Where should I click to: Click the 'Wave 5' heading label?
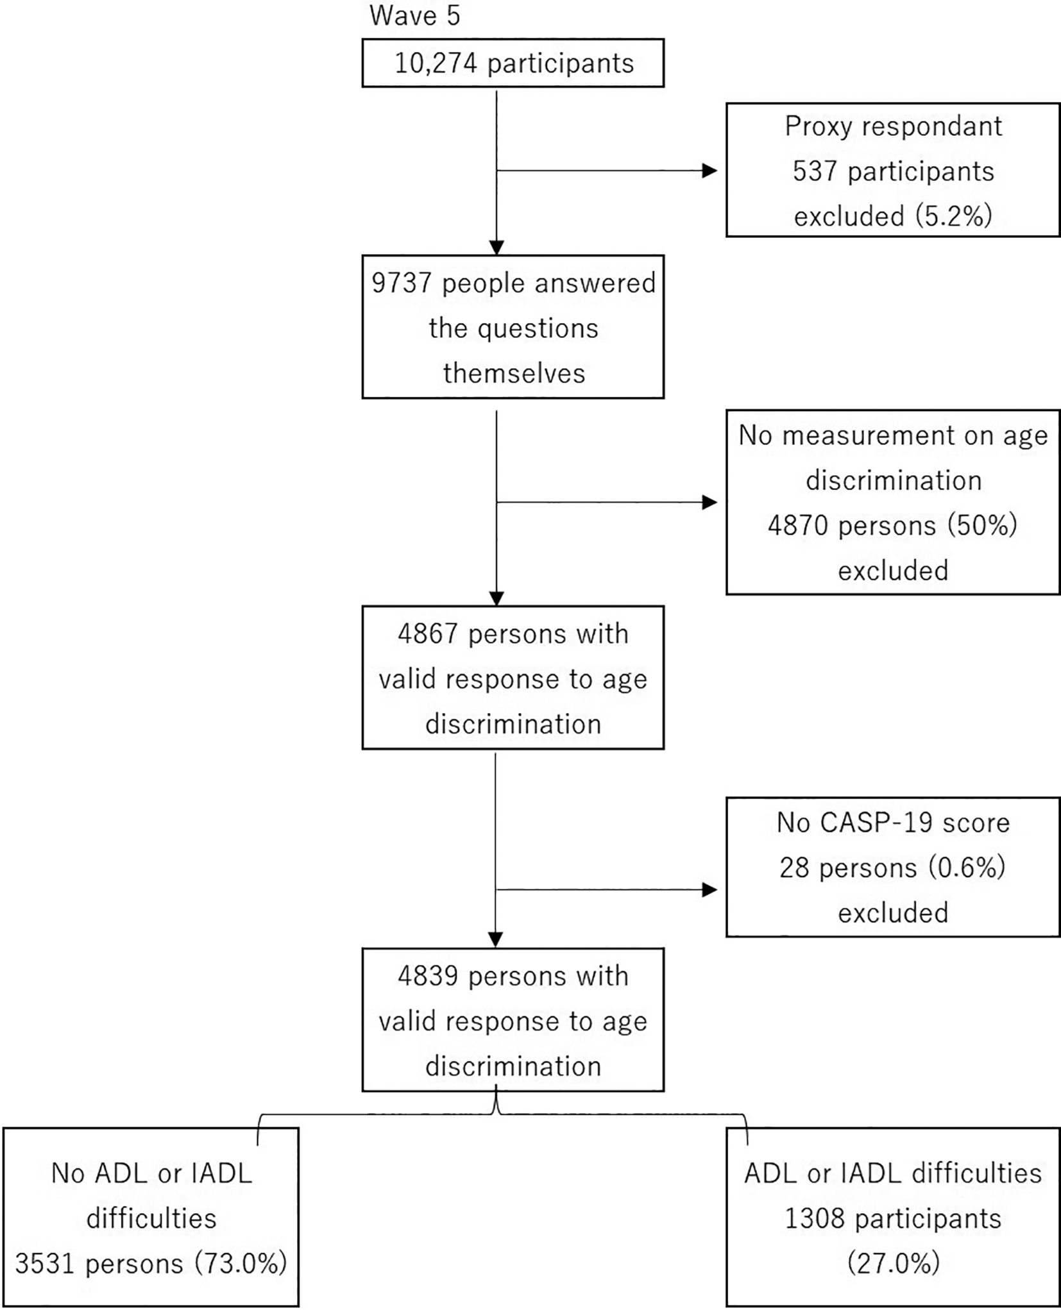coord(414,16)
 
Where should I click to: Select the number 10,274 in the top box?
coord(436,63)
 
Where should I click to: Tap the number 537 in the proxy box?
coord(815,171)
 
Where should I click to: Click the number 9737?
coord(402,283)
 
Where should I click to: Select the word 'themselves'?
coord(514,373)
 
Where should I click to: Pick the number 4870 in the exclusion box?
coord(798,526)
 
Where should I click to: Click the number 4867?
coord(428,634)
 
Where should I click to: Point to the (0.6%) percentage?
coord(966,868)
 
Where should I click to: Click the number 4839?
coord(428,977)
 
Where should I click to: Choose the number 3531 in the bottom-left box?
coord(45,1264)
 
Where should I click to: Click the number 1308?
coord(815,1219)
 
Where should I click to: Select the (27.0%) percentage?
coord(894,1264)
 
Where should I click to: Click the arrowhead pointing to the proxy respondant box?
coord(709,171)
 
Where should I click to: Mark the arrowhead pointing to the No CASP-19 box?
coord(709,889)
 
